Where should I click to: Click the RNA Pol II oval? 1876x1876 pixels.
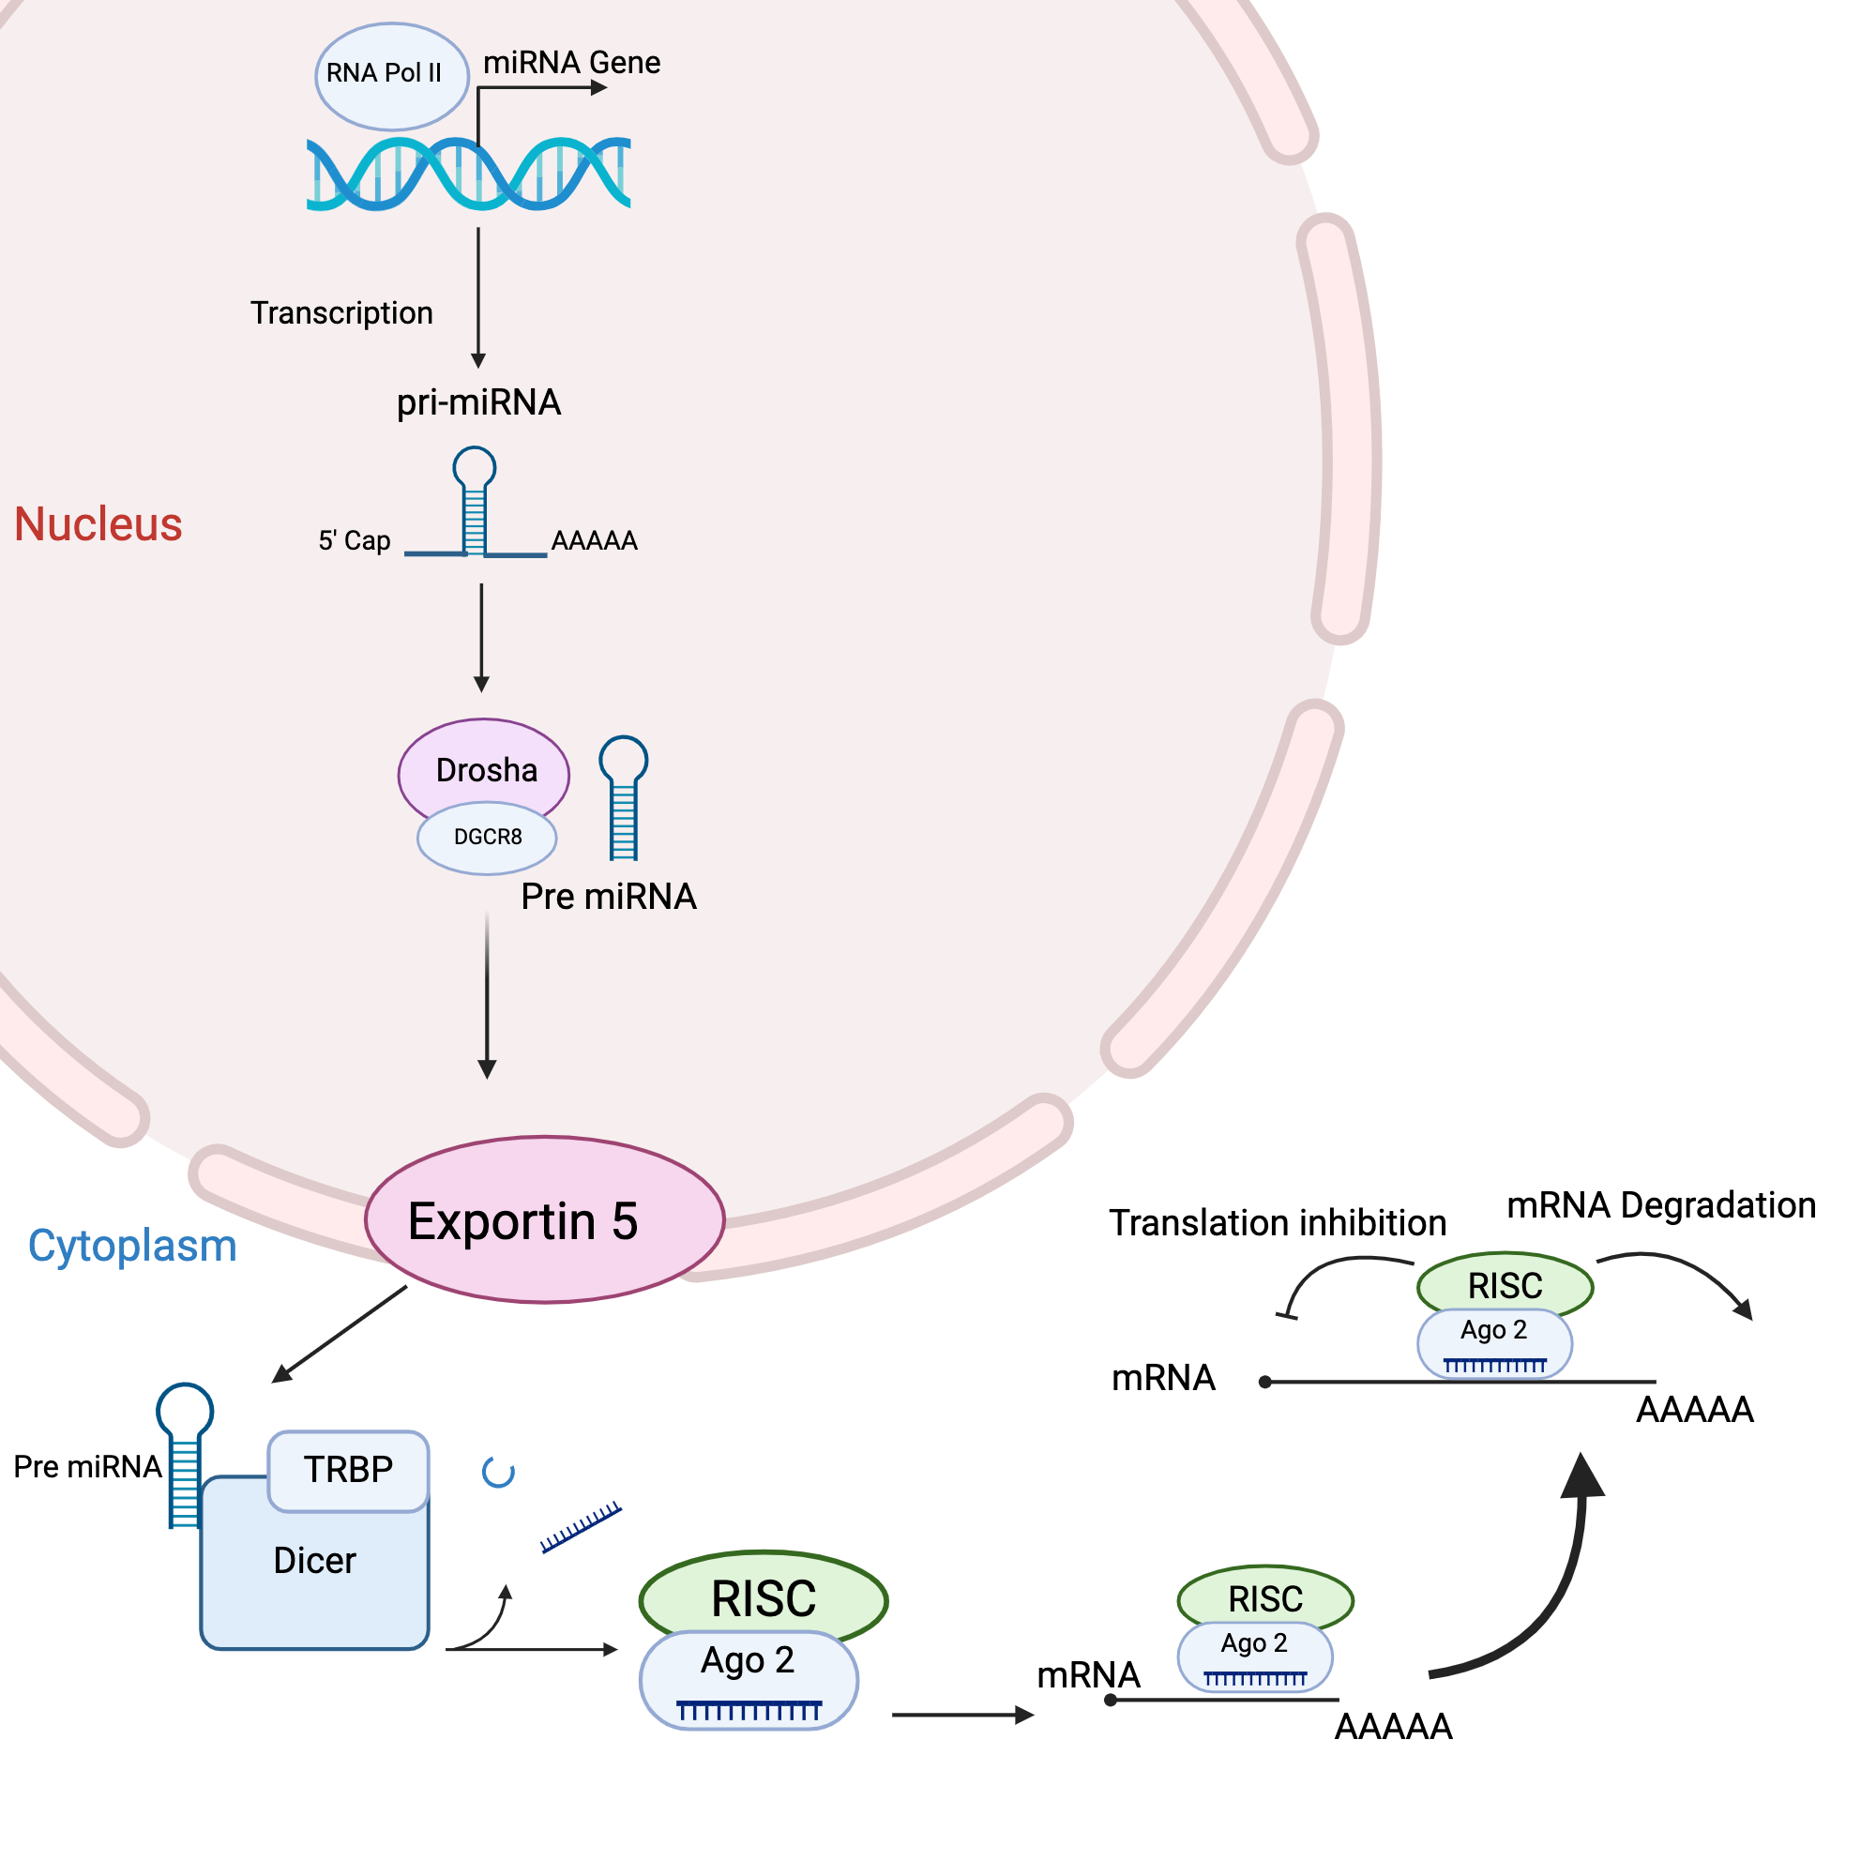point(391,76)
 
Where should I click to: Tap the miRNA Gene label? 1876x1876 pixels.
point(571,62)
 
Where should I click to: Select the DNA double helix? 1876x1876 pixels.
point(468,174)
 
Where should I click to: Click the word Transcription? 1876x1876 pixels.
point(340,312)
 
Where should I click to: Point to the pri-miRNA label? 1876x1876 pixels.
point(477,402)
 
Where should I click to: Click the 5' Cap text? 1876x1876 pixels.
point(354,541)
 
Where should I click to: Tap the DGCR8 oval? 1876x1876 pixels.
point(487,838)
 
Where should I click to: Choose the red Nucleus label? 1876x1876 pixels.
point(98,524)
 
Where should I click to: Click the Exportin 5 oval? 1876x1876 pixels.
point(544,1219)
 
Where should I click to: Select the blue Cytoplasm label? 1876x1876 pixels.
point(132,1246)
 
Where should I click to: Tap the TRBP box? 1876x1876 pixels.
point(348,1470)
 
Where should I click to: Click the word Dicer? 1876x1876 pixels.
point(313,1562)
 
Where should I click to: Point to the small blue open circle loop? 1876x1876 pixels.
point(498,1473)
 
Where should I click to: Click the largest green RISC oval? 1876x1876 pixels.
point(764,1596)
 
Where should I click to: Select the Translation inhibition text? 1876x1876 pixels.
point(1277,1222)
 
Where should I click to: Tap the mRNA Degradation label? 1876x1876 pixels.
point(1660,1205)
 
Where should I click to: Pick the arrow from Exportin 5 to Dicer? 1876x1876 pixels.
point(340,1333)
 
